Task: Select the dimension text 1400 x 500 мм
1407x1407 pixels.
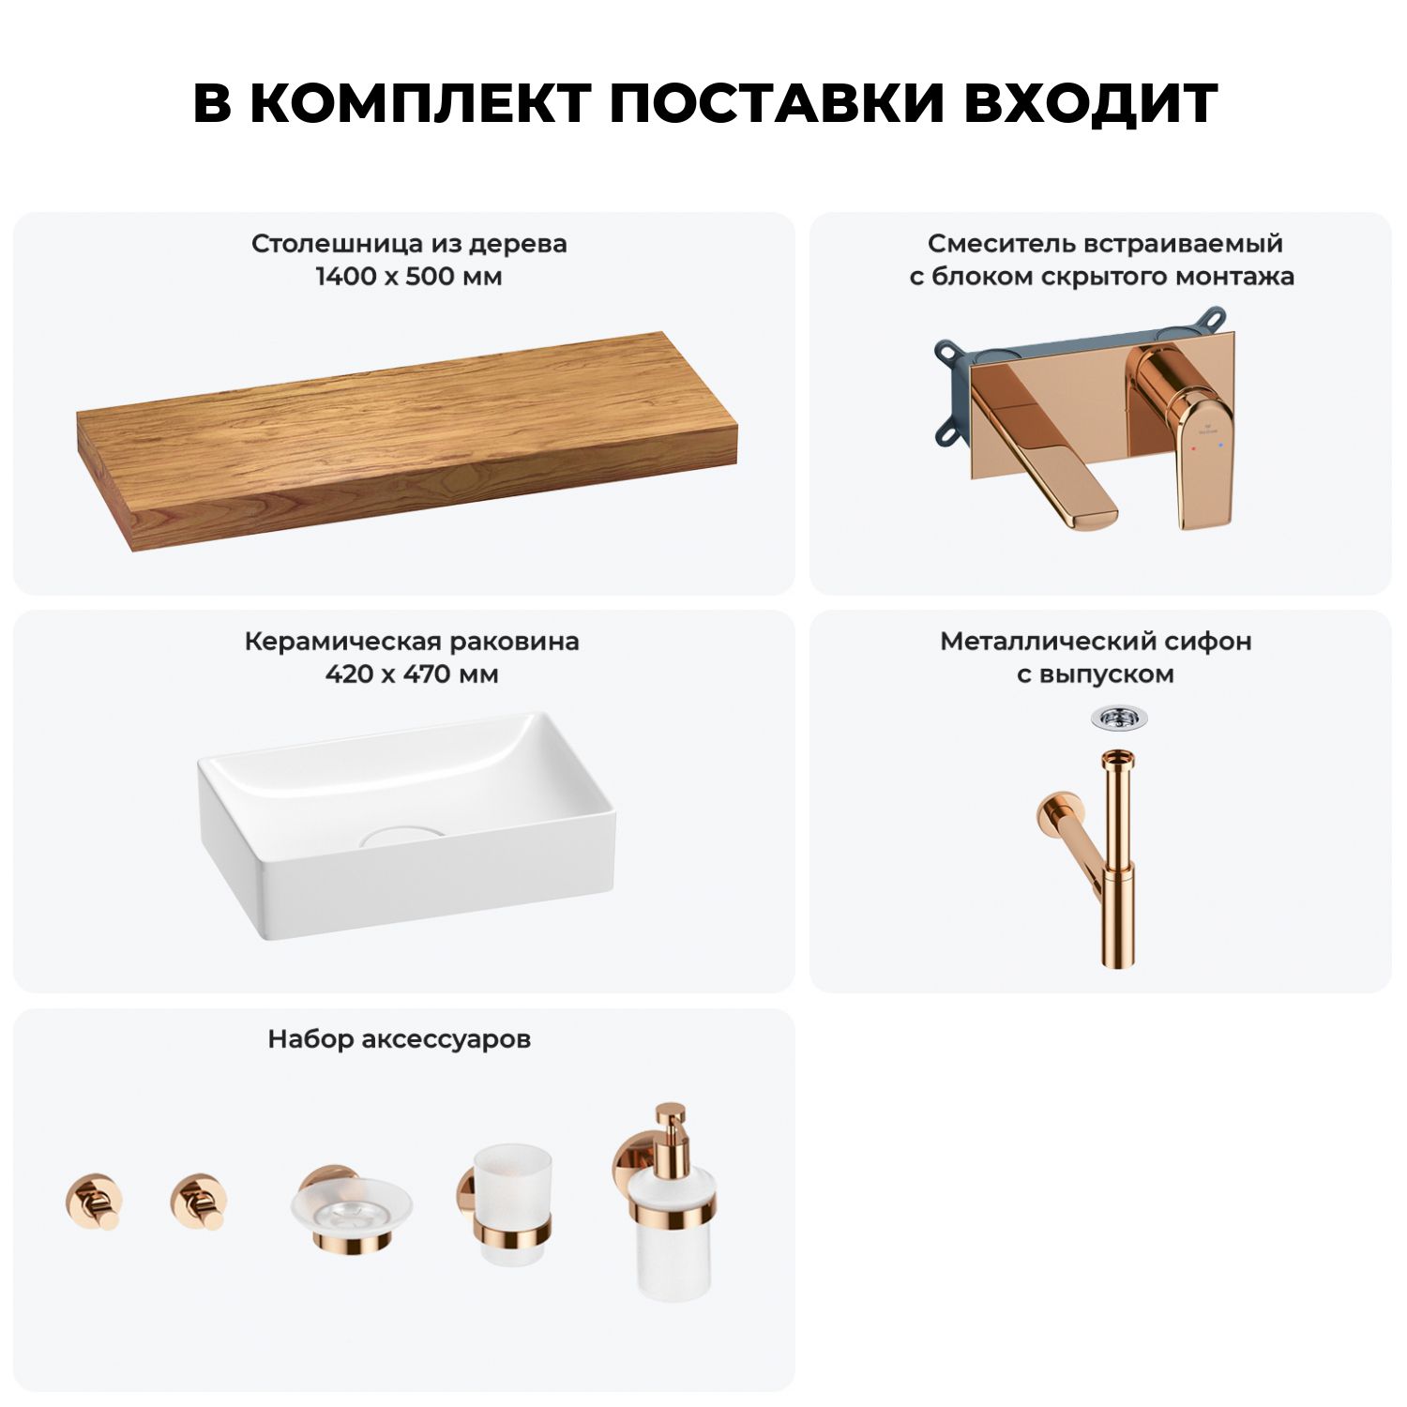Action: point(409,277)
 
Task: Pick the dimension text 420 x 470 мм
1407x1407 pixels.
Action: point(412,674)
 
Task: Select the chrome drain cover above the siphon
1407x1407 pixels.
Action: point(1119,719)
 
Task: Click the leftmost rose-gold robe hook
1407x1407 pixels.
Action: point(93,1202)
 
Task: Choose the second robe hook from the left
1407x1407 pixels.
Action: point(199,1202)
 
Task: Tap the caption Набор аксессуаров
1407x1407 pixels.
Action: point(400,1039)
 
